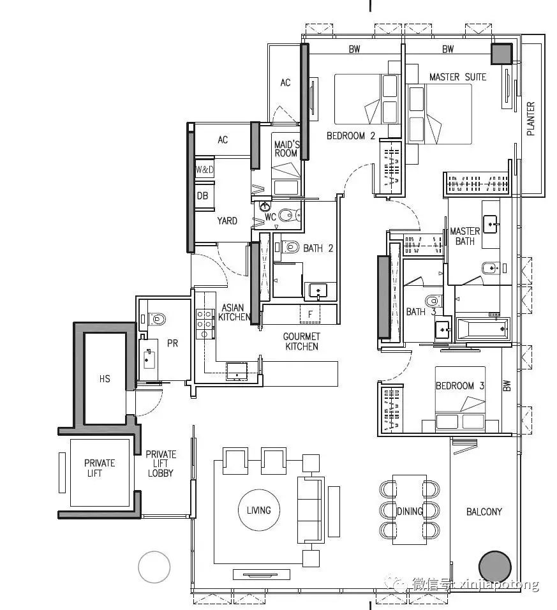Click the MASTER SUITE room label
pyautogui.click(x=457, y=77)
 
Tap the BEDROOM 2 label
pyautogui.click(x=351, y=136)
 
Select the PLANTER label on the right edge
pyautogui.click(x=531, y=119)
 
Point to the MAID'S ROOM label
pyautogui.click(x=286, y=149)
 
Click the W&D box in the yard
pyautogui.click(x=205, y=170)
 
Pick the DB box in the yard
pyautogui.click(x=203, y=196)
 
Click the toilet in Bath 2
pyautogui.click(x=290, y=247)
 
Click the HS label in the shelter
pyautogui.click(x=105, y=379)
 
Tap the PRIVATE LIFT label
pyautogui.click(x=99, y=468)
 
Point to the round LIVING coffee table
pyautogui.click(x=258, y=510)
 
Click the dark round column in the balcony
pyautogui.click(x=494, y=567)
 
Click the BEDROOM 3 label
pyautogui.click(x=460, y=386)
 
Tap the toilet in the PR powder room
pyautogui.click(x=156, y=319)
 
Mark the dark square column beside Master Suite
pyautogui.click(x=501, y=54)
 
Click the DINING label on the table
pyautogui.click(x=410, y=511)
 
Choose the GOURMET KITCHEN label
pyautogui.click(x=301, y=341)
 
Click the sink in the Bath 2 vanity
pyautogui.click(x=318, y=290)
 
